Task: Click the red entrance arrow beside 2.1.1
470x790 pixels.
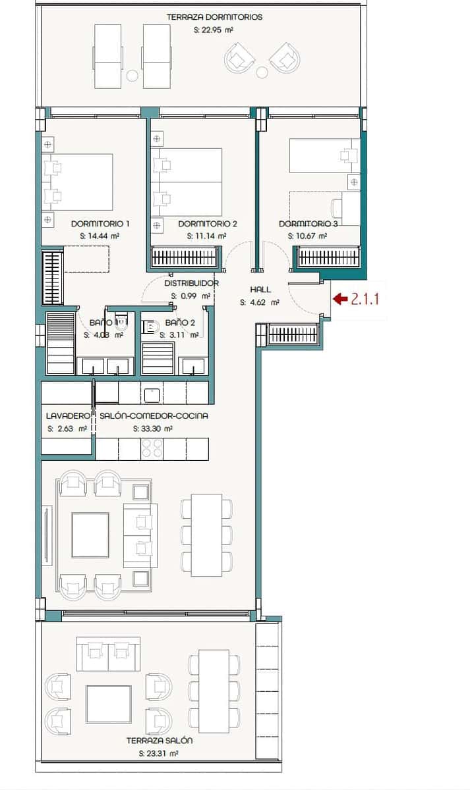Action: (340, 300)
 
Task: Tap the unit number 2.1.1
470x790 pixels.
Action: (366, 300)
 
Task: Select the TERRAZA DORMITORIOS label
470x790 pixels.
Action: (205, 17)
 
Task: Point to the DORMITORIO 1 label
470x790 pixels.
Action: (100, 224)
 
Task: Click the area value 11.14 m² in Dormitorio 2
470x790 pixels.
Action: (207, 235)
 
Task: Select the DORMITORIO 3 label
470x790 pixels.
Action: (308, 224)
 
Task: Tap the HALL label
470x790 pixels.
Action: (260, 290)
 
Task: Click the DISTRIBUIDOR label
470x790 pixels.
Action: (191, 283)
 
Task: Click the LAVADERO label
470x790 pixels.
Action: (67, 416)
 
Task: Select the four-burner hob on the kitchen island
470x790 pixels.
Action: (152, 449)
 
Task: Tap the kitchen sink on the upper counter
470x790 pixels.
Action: (152, 393)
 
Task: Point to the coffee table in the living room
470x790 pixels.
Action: (90, 535)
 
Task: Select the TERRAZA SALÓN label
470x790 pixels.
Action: (160, 741)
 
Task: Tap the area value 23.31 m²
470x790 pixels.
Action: (159, 753)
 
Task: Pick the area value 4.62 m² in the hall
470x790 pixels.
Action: (260, 303)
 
